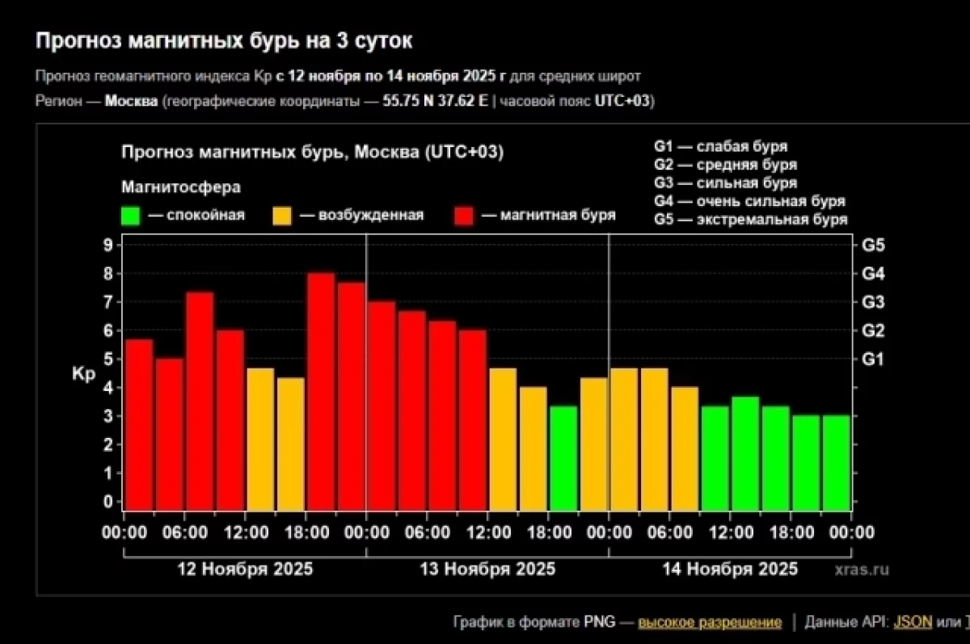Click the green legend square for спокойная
tap(131, 216)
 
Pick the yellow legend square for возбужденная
tap(283, 216)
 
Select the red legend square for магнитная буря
tap(465, 216)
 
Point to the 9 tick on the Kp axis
tap(108, 245)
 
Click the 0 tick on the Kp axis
tap(108, 502)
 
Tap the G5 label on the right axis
tap(873, 245)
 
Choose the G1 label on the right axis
tap(873, 359)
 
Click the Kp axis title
tap(83, 375)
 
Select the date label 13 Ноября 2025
tap(487, 569)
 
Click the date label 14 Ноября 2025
tap(730, 569)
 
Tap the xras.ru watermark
tap(862, 570)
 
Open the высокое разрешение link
tap(710, 622)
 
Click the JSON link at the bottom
tap(913, 622)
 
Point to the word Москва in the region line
tap(132, 101)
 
